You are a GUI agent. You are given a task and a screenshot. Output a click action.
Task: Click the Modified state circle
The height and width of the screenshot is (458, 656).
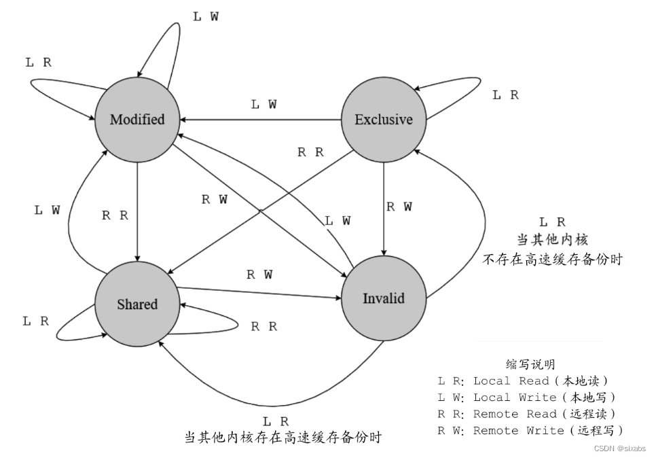[x=137, y=120]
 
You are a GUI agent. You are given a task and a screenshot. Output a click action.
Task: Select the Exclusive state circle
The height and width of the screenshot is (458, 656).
[x=383, y=120]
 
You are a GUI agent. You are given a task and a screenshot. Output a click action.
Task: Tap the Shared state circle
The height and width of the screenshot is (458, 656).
[x=137, y=304]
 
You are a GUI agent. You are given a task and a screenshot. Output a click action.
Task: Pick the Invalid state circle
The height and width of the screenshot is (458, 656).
[x=383, y=298]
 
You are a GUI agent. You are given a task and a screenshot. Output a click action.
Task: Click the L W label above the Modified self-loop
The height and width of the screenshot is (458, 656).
[x=206, y=17]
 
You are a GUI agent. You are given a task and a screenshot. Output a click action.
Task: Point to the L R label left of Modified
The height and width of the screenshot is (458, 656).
[x=38, y=63]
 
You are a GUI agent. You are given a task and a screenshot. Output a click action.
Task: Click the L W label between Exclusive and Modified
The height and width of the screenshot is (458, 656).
[x=263, y=105]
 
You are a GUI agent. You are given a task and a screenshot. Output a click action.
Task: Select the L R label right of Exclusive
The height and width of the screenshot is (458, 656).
[x=505, y=96]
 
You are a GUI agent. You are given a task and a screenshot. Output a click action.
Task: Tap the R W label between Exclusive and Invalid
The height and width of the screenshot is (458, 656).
[x=399, y=207]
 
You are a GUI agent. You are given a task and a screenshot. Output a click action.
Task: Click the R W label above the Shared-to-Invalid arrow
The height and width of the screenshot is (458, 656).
[x=259, y=275]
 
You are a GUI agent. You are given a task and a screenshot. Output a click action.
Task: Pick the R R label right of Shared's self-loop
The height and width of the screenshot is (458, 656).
[x=263, y=327]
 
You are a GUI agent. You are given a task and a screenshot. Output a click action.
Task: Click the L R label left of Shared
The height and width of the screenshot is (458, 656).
[x=35, y=321]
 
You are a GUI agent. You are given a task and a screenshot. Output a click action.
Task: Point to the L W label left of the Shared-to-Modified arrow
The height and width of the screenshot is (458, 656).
[x=47, y=211]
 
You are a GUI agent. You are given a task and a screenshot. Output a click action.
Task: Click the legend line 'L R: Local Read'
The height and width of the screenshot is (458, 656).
[x=523, y=381]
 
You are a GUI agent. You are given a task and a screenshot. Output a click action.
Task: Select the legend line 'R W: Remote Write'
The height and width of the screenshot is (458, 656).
[x=530, y=430]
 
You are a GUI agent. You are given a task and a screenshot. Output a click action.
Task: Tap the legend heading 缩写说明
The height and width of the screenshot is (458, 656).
[x=530, y=365]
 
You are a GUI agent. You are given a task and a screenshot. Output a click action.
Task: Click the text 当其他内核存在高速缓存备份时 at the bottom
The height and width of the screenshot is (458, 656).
[x=283, y=437]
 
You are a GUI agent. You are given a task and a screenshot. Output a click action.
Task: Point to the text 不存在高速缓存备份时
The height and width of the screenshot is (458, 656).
[x=552, y=260]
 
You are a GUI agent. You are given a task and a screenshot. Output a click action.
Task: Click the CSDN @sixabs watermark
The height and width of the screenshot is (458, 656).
[x=619, y=449]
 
